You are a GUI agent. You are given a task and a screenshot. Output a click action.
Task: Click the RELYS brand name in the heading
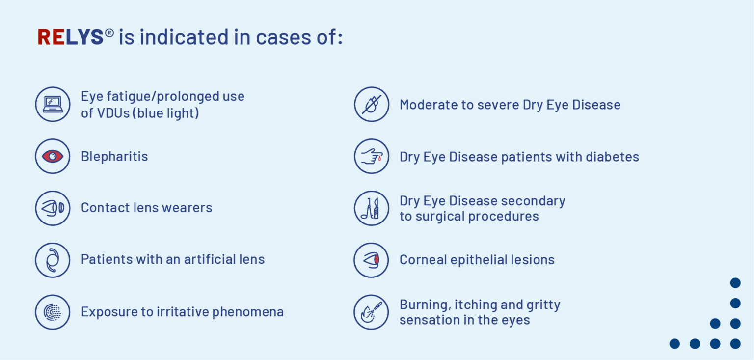71,37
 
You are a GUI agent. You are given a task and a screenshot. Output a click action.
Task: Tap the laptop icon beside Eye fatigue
53,104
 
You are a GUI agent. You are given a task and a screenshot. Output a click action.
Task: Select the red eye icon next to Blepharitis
53,156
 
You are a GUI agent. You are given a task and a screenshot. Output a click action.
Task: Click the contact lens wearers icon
53,208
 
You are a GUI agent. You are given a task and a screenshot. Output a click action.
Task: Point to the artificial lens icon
53,260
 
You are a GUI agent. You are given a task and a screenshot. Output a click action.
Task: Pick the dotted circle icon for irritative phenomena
53,312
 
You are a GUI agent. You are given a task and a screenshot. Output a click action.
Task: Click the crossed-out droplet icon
372,104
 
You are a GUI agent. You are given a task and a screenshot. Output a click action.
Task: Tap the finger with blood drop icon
372,156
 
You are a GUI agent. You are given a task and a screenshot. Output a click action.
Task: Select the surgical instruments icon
372,208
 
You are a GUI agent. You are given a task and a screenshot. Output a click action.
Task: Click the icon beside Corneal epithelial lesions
372,260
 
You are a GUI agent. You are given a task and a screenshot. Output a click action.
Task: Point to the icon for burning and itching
372,312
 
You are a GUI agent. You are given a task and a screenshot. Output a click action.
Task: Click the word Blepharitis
114,157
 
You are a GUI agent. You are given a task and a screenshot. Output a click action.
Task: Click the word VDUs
112,113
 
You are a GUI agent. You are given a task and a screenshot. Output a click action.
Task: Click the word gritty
543,305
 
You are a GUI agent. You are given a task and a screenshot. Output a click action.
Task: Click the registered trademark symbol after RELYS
109,32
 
